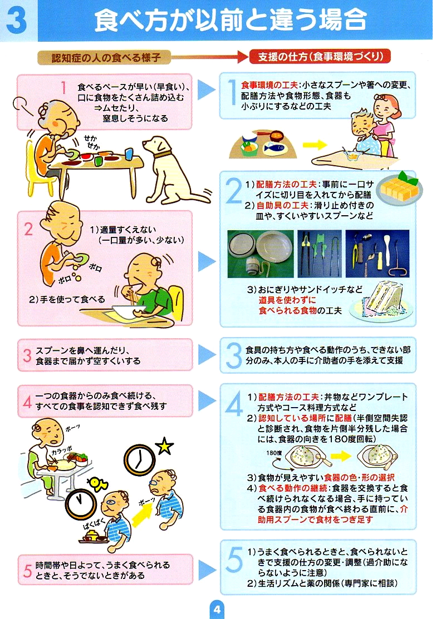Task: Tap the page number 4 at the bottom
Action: coord(217,609)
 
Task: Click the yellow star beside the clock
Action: coord(164,446)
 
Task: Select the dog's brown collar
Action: coord(163,154)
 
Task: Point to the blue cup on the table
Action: coord(129,153)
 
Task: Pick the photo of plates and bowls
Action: coord(261,254)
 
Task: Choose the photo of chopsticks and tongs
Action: coord(319,254)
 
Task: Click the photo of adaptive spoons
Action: coord(377,254)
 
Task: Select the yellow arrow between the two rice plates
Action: coord(341,457)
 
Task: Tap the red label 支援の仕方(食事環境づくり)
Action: coord(320,57)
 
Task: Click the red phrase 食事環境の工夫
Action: coord(269,85)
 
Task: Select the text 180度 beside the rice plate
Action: coord(274,453)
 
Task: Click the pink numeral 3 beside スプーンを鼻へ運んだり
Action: coord(27,355)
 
